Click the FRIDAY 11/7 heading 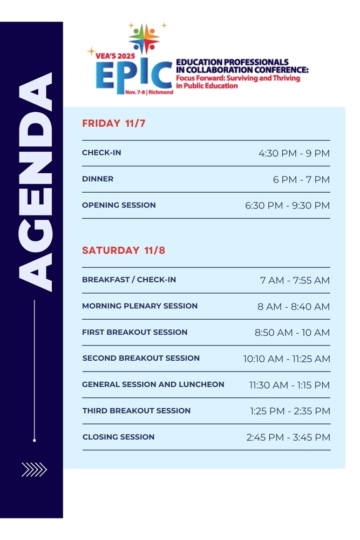click(113, 123)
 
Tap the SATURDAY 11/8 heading click(124, 250)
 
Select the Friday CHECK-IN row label click(101, 153)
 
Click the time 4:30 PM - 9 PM click(294, 153)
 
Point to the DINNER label click(98, 179)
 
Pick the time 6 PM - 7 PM click(301, 179)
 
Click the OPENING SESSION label click(119, 205)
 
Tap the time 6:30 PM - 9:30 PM click(287, 206)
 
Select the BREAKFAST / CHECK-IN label click(129, 280)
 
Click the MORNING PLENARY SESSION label click(140, 306)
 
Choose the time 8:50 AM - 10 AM click(292, 332)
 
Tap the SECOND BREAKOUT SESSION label click(141, 358)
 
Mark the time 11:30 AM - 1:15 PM click(289, 385)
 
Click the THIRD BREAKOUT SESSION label click(137, 410)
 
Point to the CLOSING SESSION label click(118, 437)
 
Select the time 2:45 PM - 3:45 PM click(288, 437)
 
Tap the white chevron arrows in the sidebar click(34, 469)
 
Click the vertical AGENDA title click(35, 182)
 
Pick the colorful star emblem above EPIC click(144, 38)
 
